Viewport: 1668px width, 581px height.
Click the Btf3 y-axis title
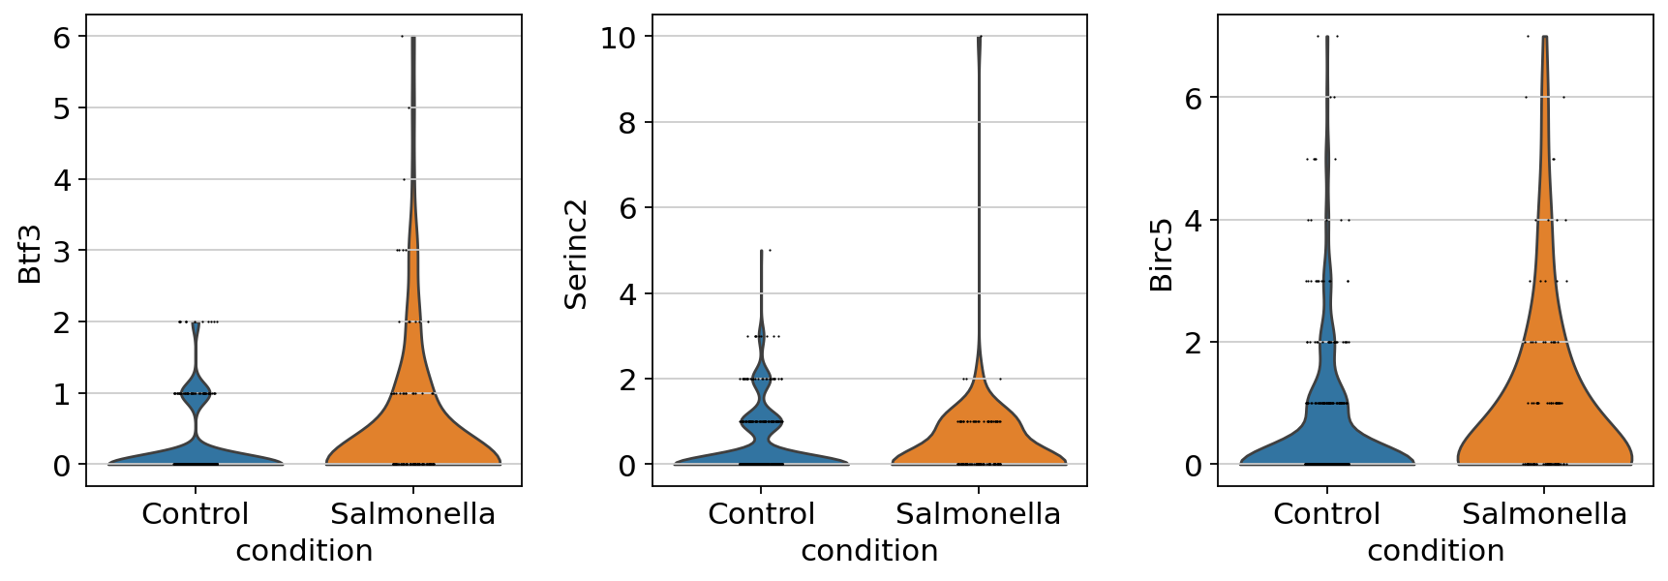pyautogui.click(x=30, y=254)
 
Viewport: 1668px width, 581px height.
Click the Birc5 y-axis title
pyautogui.click(x=1161, y=255)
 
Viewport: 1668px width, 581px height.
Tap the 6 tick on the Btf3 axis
pyautogui.click(x=62, y=37)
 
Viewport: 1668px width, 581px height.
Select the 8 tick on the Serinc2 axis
pyautogui.click(x=627, y=123)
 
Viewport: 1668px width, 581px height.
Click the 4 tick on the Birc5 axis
pyautogui.click(x=1193, y=221)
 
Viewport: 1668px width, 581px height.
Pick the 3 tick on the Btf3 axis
pyautogui.click(x=62, y=251)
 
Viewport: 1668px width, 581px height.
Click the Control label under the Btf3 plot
pyautogui.click(x=195, y=514)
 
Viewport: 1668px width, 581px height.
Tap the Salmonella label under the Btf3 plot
pyautogui.click(x=412, y=514)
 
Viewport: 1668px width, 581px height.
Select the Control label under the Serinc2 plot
pyautogui.click(x=761, y=514)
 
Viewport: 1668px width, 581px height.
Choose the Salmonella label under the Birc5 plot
pyautogui.click(x=1544, y=514)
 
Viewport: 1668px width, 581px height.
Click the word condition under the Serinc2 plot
pyautogui.click(x=869, y=551)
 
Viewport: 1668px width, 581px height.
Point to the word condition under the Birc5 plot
pyautogui.click(x=1436, y=551)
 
